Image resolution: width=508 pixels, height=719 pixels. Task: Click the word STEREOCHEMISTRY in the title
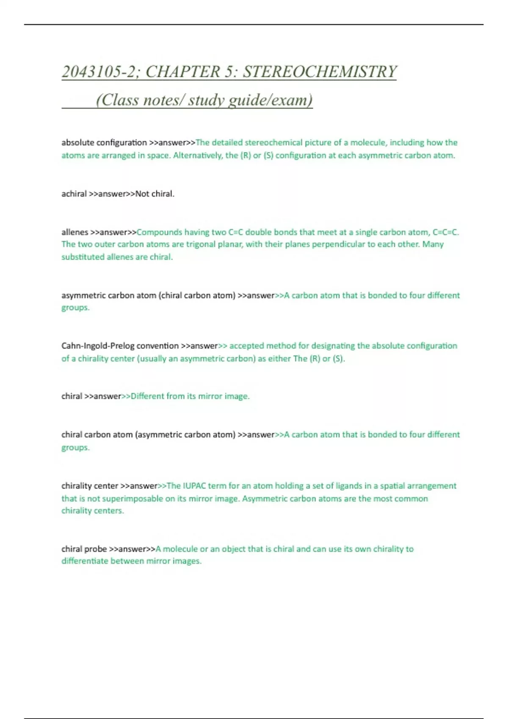(x=320, y=72)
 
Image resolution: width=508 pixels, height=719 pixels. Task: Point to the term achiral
(x=74, y=194)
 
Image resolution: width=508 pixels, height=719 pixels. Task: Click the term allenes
(x=75, y=232)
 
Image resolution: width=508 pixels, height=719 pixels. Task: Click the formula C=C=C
(x=445, y=232)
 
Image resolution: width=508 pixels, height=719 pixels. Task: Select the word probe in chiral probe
(x=96, y=549)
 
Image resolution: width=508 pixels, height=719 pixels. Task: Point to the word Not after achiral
(x=142, y=194)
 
